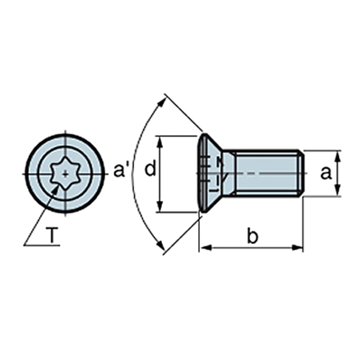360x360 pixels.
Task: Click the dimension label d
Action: [x=150, y=168]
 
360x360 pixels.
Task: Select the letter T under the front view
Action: [x=52, y=235]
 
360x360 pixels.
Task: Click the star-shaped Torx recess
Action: [x=65, y=174]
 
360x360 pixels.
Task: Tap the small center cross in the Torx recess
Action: [x=66, y=174]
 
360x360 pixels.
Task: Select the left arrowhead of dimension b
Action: [x=205, y=248]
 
